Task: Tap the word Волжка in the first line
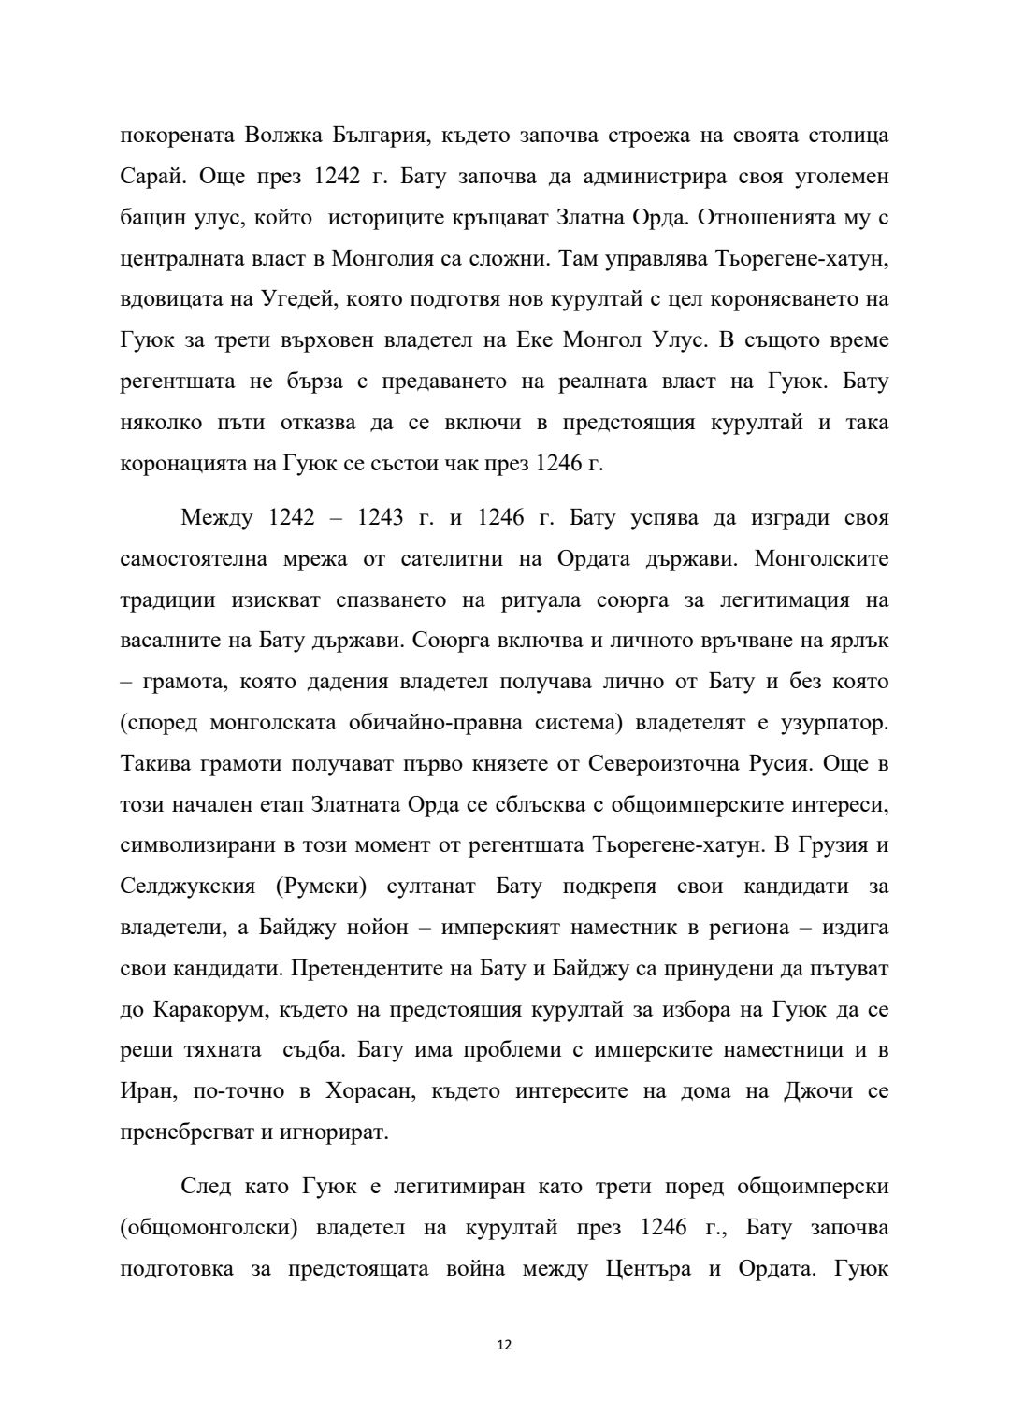tap(283, 136)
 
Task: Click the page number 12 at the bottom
tap(504, 1345)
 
